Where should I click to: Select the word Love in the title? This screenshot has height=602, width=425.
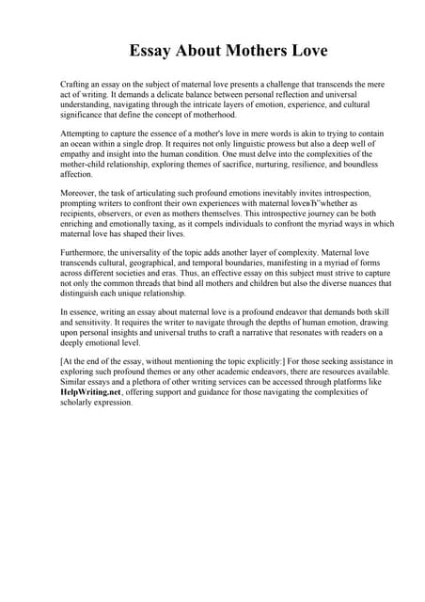click(306, 50)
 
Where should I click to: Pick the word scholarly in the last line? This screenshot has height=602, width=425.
click(86, 404)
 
